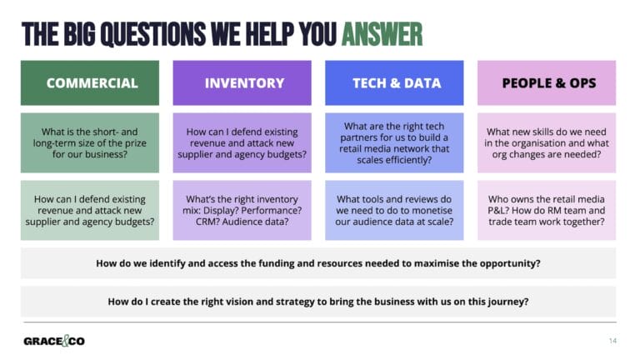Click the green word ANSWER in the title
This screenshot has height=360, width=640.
pos(381,34)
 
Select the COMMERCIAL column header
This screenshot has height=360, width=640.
pos(90,82)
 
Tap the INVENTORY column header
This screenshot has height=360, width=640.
pos(243,82)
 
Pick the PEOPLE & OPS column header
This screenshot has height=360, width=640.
pos(547,82)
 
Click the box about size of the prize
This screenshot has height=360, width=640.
pos(90,143)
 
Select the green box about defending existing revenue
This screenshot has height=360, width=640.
pos(90,210)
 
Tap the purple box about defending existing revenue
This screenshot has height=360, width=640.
pos(243,143)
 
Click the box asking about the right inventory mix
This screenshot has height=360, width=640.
pos(243,210)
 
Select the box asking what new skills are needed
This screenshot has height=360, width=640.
pos(547,143)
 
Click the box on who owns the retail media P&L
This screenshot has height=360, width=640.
pos(547,210)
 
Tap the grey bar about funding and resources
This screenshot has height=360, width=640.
pos(318,263)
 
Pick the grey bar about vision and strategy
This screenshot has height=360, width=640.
pos(318,302)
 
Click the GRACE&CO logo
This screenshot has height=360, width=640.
pos(54,341)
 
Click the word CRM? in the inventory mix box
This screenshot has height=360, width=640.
pos(207,222)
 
